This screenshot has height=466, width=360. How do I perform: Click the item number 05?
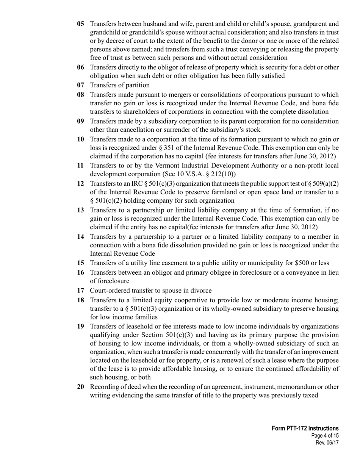click(x=80, y=24)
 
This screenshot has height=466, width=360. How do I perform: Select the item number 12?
click(x=80, y=184)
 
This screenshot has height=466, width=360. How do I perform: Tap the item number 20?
click(x=80, y=387)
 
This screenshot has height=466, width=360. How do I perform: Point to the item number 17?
click(x=80, y=291)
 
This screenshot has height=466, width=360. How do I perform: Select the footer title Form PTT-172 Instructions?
click(x=305, y=428)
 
